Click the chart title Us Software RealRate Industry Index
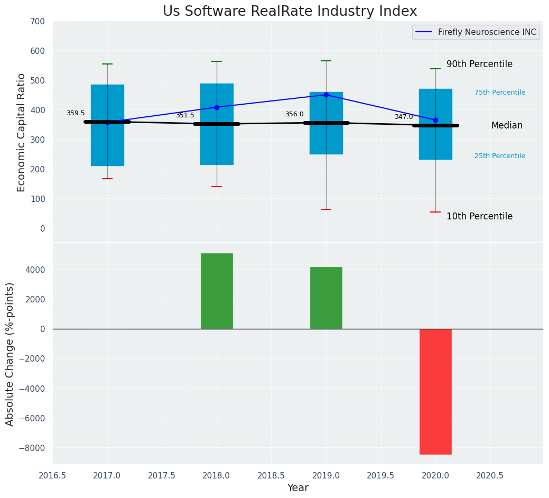pos(290,12)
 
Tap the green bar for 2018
pos(217,291)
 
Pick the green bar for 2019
pos(326,298)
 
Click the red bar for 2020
pos(435,391)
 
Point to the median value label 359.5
pos(76,113)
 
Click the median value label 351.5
pos(185,115)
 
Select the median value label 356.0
pos(294,114)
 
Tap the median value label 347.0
pos(404,117)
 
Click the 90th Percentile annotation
pos(479,64)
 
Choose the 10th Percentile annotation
pos(479,216)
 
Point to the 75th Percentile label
pos(500,93)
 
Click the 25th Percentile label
pos(500,156)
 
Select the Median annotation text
pos(507,125)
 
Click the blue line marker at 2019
pos(326,95)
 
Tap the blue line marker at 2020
pos(435,121)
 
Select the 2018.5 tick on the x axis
pos(271,475)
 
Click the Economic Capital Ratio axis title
pos(22,132)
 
